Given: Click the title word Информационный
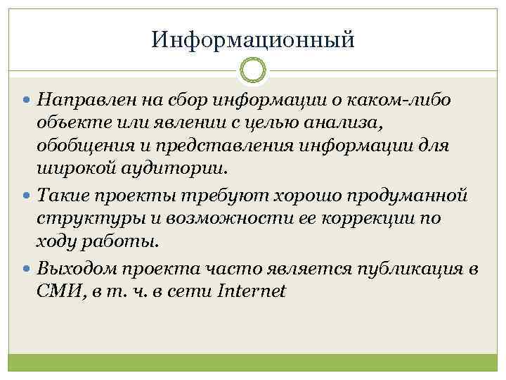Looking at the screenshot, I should pos(252,38).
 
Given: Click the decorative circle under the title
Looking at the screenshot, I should pos(252,71).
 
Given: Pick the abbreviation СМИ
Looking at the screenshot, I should pos(59,291).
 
